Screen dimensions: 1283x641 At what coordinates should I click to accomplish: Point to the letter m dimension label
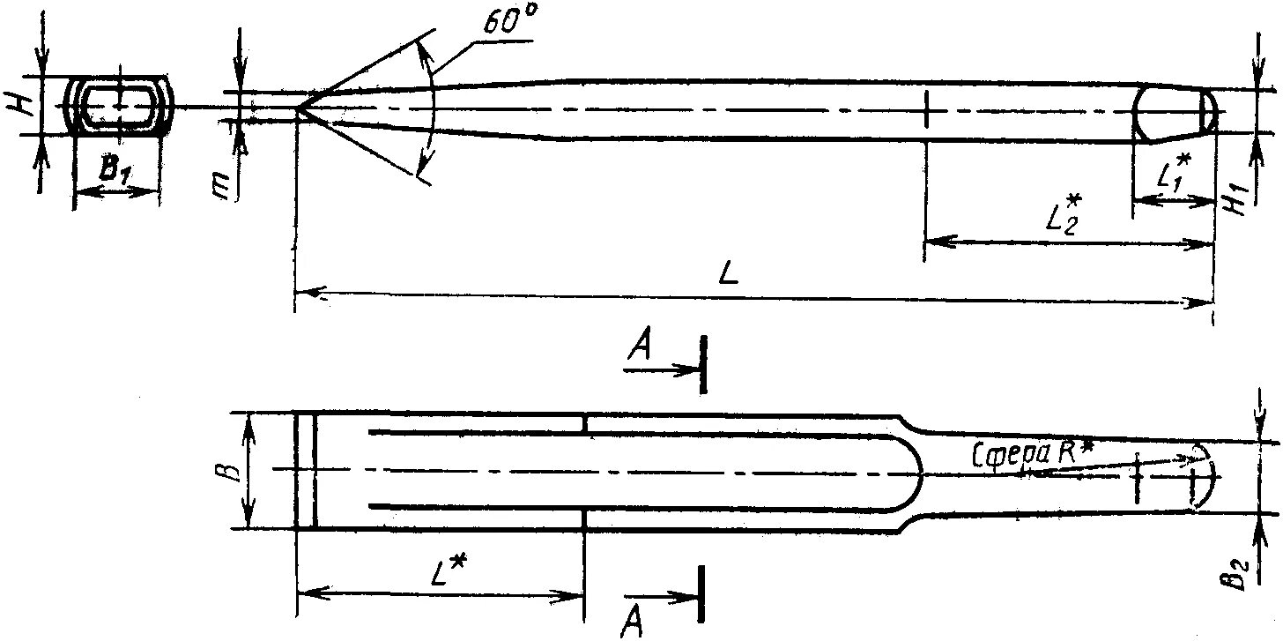click(x=227, y=185)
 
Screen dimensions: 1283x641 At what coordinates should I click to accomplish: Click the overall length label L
click(x=728, y=274)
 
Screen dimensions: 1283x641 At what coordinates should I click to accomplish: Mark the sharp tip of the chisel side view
click(x=298, y=109)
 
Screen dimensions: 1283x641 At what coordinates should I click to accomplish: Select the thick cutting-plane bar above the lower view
click(x=703, y=363)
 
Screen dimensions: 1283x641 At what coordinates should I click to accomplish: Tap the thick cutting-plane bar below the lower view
click(x=702, y=594)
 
